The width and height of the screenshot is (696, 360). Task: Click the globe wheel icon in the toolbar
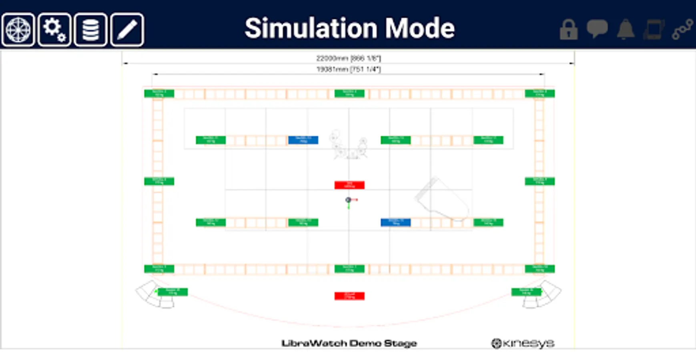click(x=18, y=30)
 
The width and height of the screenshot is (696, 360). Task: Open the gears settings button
click(x=54, y=30)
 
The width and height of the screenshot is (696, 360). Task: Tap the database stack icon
click(x=90, y=30)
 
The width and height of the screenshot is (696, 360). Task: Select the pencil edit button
click(x=127, y=30)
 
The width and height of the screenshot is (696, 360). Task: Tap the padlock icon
click(x=568, y=30)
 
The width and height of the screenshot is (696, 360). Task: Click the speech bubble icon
click(x=597, y=29)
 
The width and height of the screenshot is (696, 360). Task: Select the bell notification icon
click(x=626, y=29)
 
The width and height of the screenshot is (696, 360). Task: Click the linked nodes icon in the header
click(x=682, y=29)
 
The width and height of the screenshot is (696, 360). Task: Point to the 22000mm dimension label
click(x=349, y=58)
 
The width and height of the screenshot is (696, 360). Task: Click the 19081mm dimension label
click(x=349, y=69)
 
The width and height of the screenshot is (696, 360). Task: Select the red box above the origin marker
click(x=349, y=185)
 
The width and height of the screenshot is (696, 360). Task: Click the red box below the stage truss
click(x=349, y=296)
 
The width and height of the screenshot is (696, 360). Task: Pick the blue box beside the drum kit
click(x=303, y=140)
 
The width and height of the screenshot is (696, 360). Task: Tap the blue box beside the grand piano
click(x=395, y=222)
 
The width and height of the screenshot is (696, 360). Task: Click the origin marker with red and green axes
click(x=349, y=200)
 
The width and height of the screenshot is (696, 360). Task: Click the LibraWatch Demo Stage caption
click(x=349, y=343)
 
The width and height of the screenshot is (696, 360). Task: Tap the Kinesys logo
click(x=523, y=343)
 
